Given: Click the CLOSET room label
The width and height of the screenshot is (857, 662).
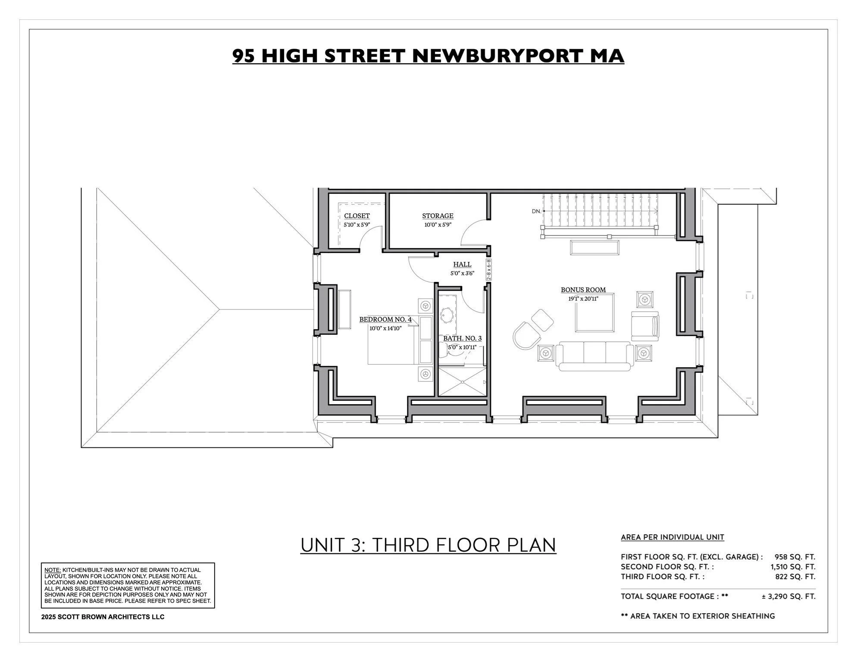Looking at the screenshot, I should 357,216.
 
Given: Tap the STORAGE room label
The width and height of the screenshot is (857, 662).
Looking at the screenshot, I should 438,216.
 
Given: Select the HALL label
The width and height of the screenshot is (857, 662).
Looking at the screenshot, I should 462,265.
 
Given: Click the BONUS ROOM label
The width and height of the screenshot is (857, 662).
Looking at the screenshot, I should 583,290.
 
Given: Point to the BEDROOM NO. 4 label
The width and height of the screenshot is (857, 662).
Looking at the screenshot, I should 385,319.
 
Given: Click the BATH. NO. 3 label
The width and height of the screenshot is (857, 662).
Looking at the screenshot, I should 462,339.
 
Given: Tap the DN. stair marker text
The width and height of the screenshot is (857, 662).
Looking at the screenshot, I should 536,211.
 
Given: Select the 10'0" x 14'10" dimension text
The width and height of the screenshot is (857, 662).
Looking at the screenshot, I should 385,328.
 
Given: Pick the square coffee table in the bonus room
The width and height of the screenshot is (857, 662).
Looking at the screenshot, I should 594,313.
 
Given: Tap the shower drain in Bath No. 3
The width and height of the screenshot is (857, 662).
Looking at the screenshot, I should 462,382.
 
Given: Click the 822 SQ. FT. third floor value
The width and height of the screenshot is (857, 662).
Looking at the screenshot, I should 795,577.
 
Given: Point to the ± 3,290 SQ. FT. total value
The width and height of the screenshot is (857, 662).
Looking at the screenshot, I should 788,596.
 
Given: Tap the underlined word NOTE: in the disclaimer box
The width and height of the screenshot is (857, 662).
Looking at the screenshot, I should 53,570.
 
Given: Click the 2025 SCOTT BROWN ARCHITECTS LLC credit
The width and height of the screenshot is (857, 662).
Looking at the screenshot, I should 103,617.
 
